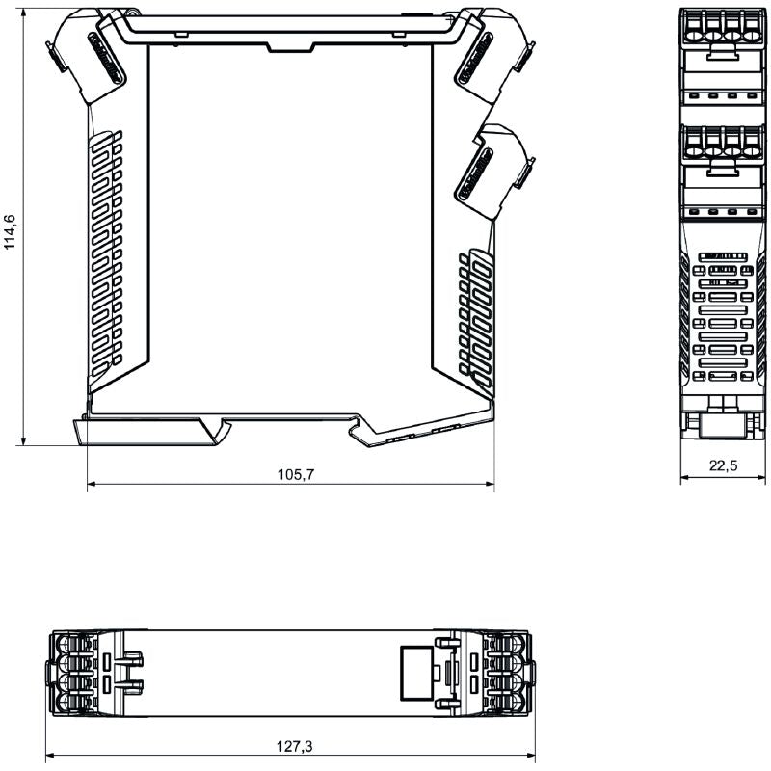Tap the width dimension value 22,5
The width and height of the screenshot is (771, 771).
(723, 465)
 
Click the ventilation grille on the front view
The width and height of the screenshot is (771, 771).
(723, 318)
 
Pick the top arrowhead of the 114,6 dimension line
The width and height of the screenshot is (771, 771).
(21, 12)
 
